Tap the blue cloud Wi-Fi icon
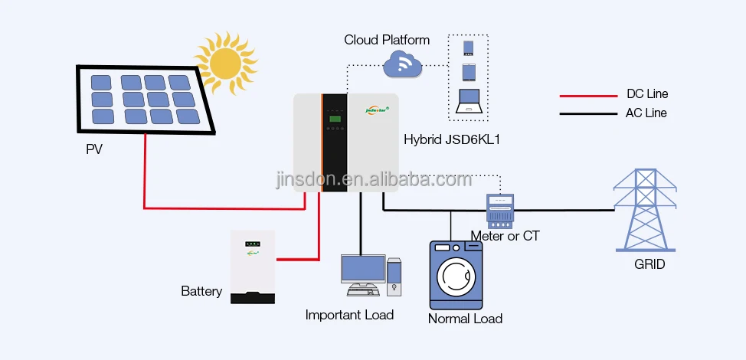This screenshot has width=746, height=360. coord(403,64)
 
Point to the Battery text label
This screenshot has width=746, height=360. coord(201,291)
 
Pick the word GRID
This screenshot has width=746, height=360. coord(649,265)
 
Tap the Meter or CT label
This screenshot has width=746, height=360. coord(505,236)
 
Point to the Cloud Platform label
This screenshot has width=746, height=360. coord(387,40)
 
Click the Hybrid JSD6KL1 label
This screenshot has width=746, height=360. coord(447,139)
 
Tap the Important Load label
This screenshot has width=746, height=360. coord(349,315)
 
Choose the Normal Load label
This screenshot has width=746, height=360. coord(465,319)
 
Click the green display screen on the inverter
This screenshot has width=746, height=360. coord(334,117)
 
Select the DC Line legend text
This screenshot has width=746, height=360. coord(647,94)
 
